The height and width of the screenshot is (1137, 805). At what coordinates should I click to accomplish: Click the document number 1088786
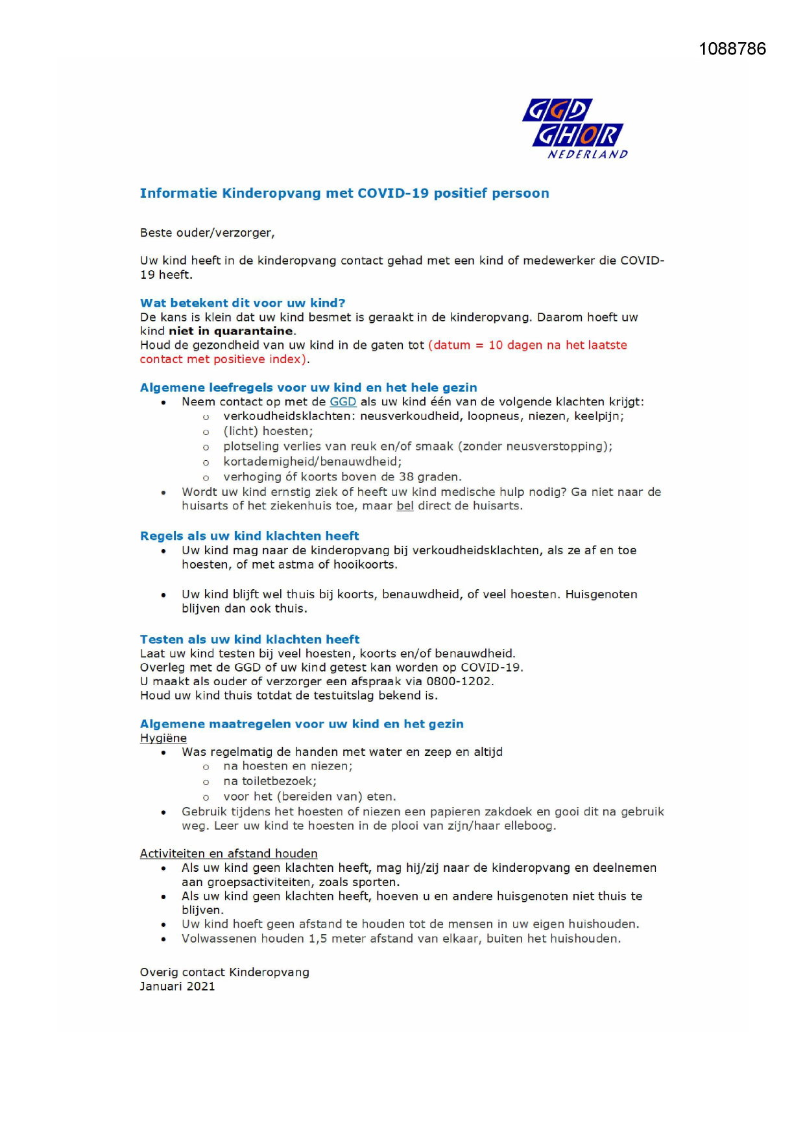click(732, 49)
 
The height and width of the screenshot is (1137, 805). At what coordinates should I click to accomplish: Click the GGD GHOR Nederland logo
click(574, 129)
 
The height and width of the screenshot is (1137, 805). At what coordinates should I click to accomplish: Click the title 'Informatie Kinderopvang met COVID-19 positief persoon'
click(344, 193)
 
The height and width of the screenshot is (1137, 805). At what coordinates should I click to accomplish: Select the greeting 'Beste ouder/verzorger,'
click(207, 233)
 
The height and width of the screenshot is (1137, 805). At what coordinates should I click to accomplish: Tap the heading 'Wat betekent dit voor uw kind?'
click(243, 303)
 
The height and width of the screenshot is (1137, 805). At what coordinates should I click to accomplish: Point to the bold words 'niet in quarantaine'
click(231, 331)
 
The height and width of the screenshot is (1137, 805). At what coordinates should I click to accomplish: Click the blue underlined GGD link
click(343, 402)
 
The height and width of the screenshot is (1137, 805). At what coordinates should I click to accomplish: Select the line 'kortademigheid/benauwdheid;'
click(312, 462)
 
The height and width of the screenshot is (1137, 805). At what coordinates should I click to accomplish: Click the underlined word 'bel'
click(405, 506)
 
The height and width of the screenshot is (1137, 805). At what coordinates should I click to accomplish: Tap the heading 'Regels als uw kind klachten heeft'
click(249, 536)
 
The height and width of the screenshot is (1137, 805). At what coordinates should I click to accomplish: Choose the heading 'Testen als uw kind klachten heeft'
click(250, 639)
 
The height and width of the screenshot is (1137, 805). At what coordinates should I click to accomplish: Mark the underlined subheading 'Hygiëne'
click(163, 738)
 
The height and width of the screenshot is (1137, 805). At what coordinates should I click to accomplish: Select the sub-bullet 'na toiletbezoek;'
click(270, 781)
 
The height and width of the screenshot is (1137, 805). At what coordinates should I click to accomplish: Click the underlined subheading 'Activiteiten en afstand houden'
click(228, 854)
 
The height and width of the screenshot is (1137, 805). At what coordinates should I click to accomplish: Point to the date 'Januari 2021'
click(177, 987)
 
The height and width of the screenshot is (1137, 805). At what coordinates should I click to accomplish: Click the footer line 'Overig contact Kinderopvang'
click(224, 972)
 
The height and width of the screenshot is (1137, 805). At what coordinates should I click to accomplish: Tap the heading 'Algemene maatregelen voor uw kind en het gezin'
click(302, 724)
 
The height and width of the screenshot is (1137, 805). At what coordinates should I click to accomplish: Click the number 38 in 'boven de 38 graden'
click(407, 477)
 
